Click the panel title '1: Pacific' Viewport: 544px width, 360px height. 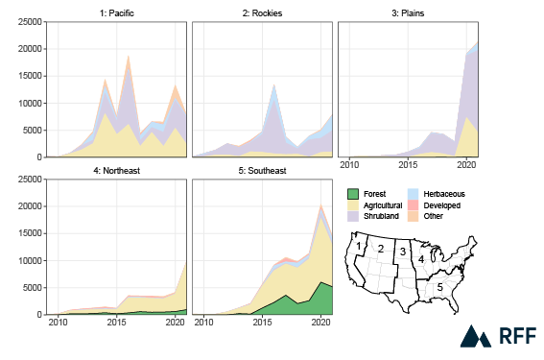(116, 13)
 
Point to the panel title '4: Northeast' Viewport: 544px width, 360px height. (116, 171)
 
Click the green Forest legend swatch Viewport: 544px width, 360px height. (353, 194)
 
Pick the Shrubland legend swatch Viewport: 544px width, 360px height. (353, 217)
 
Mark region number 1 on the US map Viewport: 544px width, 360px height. (359, 247)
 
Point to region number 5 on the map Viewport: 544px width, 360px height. (439, 286)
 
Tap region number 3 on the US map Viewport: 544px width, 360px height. (404, 252)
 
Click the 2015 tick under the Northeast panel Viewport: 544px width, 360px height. (116, 324)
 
